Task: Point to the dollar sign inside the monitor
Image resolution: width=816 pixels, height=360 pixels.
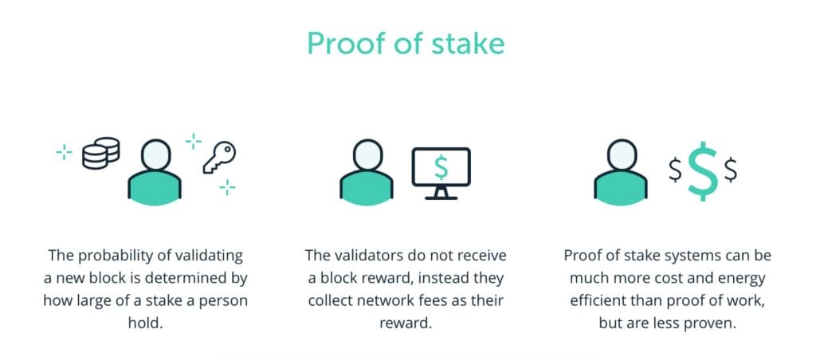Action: (440, 165)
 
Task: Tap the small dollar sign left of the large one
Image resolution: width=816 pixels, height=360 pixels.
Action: (674, 170)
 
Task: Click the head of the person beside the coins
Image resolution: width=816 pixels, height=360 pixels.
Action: (155, 155)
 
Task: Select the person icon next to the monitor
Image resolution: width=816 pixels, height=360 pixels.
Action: (367, 170)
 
